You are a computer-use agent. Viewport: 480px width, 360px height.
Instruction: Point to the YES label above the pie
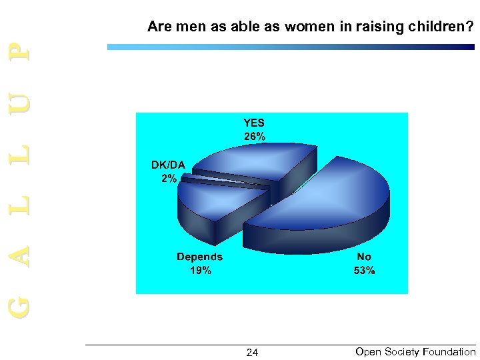(x=254, y=123)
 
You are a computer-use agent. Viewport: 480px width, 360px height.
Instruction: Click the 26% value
(x=254, y=137)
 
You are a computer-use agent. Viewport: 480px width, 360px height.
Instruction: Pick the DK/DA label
(x=168, y=165)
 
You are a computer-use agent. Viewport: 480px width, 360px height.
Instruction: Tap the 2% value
(x=169, y=179)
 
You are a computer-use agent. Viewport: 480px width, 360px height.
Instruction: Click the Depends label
(x=199, y=257)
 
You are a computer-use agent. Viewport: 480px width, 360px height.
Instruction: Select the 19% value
(x=200, y=271)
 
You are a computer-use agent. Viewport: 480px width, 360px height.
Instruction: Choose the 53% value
(x=364, y=271)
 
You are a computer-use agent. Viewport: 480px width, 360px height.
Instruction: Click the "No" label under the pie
(x=364, y=257)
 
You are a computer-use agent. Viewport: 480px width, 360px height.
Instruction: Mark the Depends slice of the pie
(x=213, y=203)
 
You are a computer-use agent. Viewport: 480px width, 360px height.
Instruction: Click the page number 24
(x=252, y=353)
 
